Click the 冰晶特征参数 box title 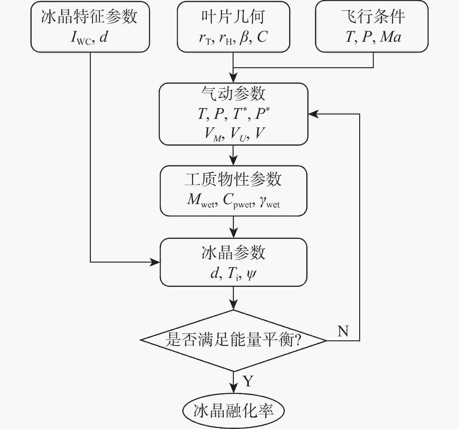tap(89, 16)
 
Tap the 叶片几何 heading tap(233, 16)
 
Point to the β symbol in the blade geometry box tap(244, 37)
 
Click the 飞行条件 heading tap(373, 16)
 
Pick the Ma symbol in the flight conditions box tap(391, 37)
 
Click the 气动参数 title tap(233, 93)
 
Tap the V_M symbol tap(213, 134)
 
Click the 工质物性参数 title tap(233, 180)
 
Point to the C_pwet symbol tap(238, 200)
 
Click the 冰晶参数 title tap(233, 252)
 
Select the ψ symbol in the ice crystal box tap(251, 274)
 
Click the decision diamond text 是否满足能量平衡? tap(233, 340)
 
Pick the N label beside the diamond tap(343, 331)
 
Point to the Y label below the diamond tap(248, 381)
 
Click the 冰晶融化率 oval tap(233, 411)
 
